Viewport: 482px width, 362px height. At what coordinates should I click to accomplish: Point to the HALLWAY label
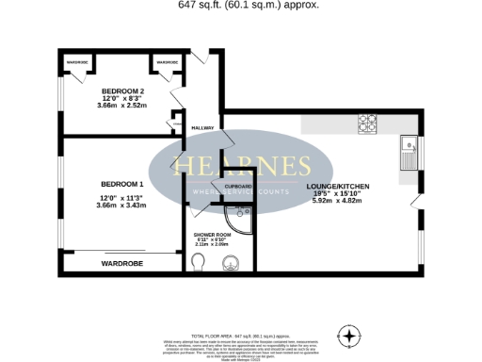pos(203,127)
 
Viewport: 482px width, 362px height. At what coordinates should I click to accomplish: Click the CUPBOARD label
pos(238,187)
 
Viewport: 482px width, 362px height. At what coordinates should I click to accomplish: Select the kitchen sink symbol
pos(410,146)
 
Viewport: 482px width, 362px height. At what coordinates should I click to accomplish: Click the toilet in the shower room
pos(199,261)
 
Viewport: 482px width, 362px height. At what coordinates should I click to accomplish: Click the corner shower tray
pos(242,220)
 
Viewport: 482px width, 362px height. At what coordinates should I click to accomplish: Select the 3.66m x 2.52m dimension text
pos(123,106)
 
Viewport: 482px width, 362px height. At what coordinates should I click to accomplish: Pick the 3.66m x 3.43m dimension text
pos(123,205)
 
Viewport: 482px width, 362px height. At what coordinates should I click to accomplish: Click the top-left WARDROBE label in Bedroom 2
pos(77,62)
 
